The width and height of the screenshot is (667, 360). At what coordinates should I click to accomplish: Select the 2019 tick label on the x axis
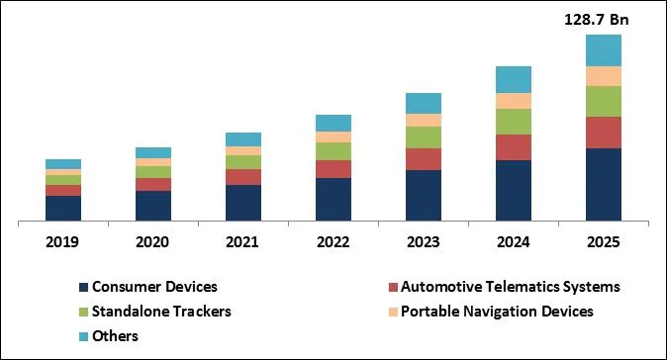(63, 242)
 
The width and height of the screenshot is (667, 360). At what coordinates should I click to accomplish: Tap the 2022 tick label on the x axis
(333, 242)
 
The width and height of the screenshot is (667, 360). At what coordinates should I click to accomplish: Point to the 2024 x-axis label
(514, 242)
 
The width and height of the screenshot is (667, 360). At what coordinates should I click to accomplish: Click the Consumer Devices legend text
(154, 287)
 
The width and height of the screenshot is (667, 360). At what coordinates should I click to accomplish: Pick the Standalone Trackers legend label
(161, 312)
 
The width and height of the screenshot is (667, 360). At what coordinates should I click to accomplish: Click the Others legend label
(115, 336)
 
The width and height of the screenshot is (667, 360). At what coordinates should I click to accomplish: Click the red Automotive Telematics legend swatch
(393, 288)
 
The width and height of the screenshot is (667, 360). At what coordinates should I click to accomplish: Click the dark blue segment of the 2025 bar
(604, 185)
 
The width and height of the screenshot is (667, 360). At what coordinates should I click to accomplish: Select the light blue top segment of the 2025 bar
(604, 50)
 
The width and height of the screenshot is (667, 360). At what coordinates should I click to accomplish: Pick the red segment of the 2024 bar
(514, 147)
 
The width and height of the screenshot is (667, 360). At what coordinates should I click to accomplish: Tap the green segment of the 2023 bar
(424, 137)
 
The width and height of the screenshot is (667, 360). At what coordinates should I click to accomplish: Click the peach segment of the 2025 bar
(604, 76)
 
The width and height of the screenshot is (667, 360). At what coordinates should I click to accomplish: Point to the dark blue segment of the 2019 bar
(63, 209)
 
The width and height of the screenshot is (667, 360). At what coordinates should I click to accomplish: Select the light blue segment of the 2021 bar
(243, 139)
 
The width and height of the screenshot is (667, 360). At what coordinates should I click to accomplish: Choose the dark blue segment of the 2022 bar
(333, 200)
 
